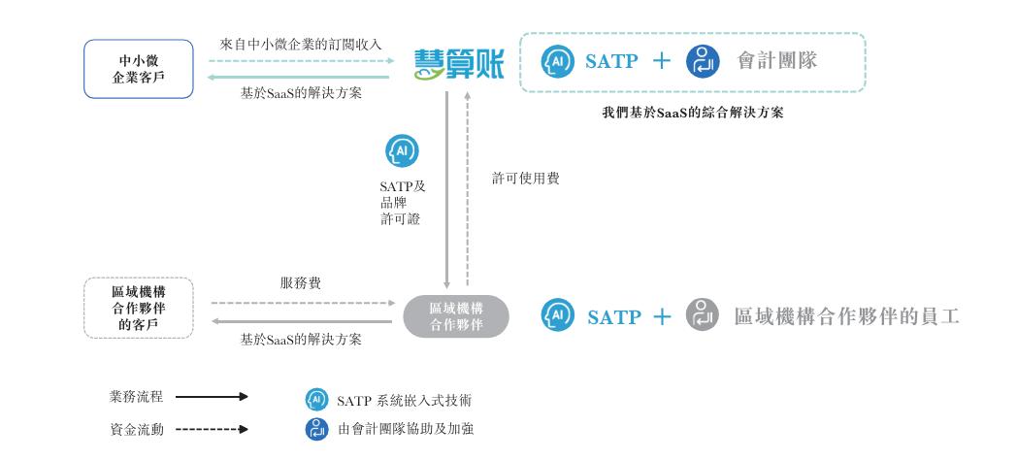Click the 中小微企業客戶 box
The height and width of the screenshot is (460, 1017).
coord(139,69)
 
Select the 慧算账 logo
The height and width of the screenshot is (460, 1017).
coord(459,64)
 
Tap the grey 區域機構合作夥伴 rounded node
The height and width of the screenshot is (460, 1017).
coord(456,316)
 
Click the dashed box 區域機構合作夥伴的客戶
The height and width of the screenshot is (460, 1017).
coord(139,308)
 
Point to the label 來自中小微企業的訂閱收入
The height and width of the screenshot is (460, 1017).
coord(301,45)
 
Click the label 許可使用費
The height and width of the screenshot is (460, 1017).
coord(525,179)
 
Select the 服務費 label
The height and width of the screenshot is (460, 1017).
coord(300,283)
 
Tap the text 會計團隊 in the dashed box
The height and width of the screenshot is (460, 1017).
coord(777,61)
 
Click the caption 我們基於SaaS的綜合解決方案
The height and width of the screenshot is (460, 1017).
coord(693,113)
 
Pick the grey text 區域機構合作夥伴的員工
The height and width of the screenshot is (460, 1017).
coord(846,316)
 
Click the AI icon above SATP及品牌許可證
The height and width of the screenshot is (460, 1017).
coord(402,151)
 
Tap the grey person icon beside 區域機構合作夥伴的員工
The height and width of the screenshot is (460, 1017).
coord(703,315)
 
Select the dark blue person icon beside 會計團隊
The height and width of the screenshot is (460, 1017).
coord(703,61)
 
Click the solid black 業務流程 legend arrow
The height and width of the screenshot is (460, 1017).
coord(212,396)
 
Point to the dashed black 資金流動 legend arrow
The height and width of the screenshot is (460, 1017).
coord(212,429)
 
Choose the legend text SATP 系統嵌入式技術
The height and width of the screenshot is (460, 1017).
coord(404,400)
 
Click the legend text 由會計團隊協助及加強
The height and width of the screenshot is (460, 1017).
coord(406,429)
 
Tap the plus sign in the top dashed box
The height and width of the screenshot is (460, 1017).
coord(661,61)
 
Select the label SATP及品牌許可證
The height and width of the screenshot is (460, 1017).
coord(402,203)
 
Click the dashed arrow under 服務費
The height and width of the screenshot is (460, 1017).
coord(303,303)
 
